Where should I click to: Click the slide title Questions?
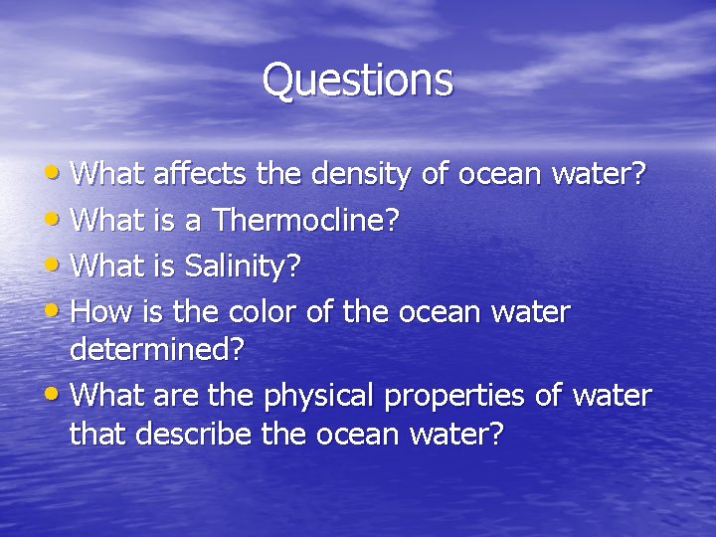(357, 80)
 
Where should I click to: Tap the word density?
(360, 175)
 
